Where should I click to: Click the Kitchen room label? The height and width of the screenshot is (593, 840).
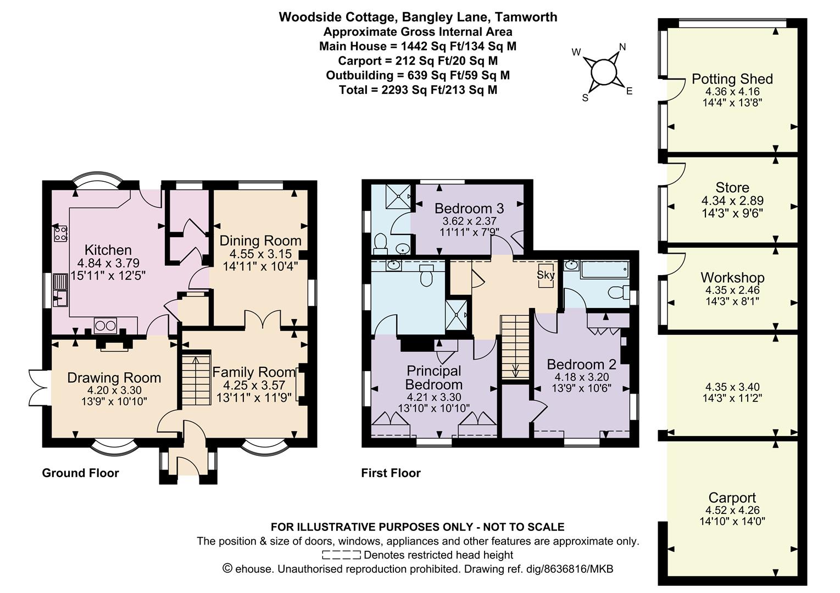pos(108,250)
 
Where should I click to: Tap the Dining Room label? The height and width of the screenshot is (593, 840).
pos(260,240)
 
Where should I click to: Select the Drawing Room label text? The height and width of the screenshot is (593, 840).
pos(114,378)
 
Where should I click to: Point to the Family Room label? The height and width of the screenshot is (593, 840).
pos(254,372)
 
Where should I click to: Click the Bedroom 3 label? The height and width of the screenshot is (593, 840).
pos(469,209)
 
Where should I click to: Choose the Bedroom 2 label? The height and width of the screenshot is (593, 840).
pos(582,365)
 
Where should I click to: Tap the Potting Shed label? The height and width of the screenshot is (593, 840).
pos(732,79)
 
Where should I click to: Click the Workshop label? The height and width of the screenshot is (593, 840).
pos(732,278)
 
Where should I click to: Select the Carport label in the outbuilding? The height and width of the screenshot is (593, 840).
pos(732,498)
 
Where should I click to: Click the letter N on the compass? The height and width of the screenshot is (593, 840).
pos(622,47)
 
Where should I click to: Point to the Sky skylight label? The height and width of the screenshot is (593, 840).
pos(546,275)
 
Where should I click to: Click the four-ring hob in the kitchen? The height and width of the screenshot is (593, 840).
pos(61,233)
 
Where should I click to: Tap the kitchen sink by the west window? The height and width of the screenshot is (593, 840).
pos(60,290)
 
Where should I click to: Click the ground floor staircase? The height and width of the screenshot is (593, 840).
pos(196,380)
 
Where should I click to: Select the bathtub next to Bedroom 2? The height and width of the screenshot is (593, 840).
pos(604,270)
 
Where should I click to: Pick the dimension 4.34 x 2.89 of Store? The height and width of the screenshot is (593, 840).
pos(732,200)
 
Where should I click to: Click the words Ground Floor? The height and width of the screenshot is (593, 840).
pos(80,473)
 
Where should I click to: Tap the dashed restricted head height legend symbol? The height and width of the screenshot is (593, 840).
pos(341,555)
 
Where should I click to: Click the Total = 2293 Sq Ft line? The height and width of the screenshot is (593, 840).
pos(418,90)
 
